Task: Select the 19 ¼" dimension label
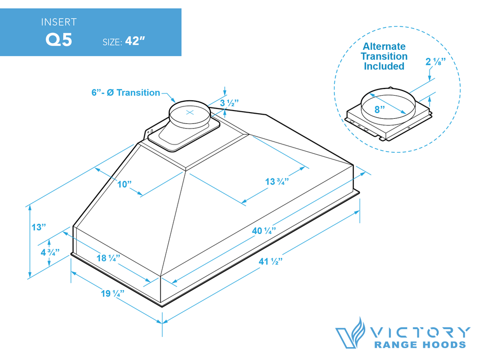coord(112,294)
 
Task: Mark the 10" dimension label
coord(125,184)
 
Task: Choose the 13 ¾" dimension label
coord(277,181)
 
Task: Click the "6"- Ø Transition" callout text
coord(126,93)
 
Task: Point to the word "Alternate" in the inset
coord(383,47)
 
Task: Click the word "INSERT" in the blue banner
coord(60,22)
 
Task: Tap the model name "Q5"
coord(59,40)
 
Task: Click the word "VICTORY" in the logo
coord(418,332)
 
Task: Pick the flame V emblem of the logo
coord(349,333)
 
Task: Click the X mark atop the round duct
coord(190,112)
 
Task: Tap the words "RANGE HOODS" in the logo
coord(420,346)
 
